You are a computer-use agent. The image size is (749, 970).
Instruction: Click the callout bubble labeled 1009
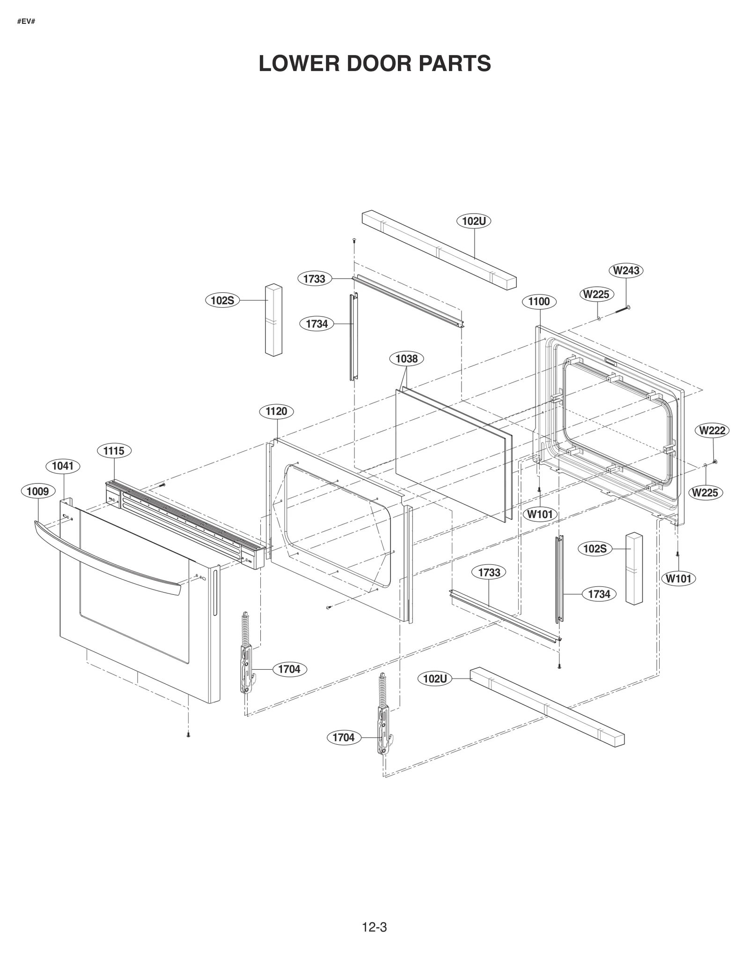pyautogui.click(x=38, y=491)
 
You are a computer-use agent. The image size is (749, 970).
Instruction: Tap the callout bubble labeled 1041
pyautogui.click(x=63, y=466)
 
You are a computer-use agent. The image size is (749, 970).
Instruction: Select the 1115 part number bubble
pyautogui.click(x=114, y=451)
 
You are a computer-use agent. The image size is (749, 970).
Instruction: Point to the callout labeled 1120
pyautogui.click(x=276, y=411)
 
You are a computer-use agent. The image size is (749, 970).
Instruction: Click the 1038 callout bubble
pyautogui.click(x=406, y=359)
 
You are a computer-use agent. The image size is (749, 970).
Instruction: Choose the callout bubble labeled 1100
pyautogui.click(x=539, y=302)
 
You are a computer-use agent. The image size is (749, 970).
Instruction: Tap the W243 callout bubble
pyautogui.click(x=626, y=270)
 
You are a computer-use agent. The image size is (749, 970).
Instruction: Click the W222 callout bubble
pyautogui.click(x=712, y=430)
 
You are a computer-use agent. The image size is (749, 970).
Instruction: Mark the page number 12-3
pyautogui.click(x=374, y=927)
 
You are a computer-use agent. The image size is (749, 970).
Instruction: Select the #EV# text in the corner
pyautogui.click(x=26, y=22)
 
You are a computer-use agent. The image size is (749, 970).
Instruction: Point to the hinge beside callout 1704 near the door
pyautogui.click(x=246, y=656)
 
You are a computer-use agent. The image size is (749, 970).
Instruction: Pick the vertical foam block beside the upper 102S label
pyautogui.click(x=273, y=319)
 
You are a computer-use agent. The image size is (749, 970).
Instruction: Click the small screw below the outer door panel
pyautogui.click(x=188, y=735)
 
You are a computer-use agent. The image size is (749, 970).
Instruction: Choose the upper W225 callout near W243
pyautogui.click(x=596, y=294)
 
